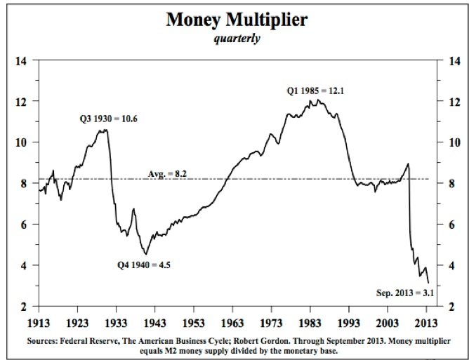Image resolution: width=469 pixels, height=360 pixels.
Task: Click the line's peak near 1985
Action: click(319, 100)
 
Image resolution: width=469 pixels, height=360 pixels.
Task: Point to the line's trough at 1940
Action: click(145, 254)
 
